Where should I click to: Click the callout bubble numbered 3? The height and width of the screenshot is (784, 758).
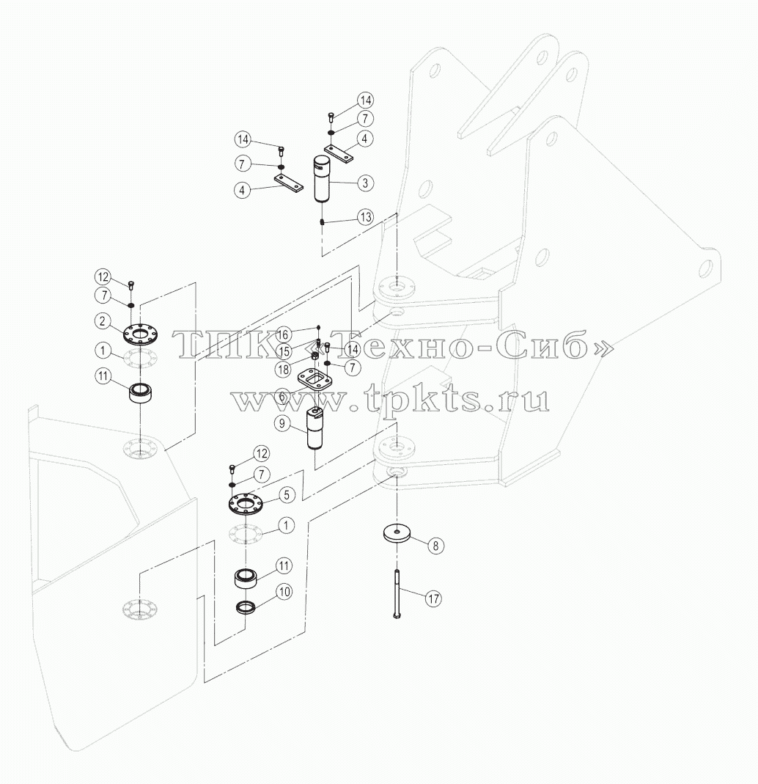pyautogui.click(x=365, y=183)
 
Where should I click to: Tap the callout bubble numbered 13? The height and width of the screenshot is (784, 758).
pyautogui.click(x=366, y=217)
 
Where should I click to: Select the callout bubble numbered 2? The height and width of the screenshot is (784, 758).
pyautogui.click(x=103, y=321)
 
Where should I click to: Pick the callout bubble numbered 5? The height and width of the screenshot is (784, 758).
pyautogui.click(x=287, y=495)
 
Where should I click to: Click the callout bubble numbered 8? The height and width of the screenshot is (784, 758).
pyautogui.click(x=435, y=546)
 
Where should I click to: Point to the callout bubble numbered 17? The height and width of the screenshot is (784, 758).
pyautogui.click(x=433, y=598)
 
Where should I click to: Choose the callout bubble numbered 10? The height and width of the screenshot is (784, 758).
pyautogui.click(x=284, y=592)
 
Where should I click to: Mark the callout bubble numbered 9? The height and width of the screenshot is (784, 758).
pyautogui.click(x=282, y=424)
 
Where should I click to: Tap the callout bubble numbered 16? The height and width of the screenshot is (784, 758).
pyautogui.click(x=283, y=334)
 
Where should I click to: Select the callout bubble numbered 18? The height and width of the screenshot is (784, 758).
pyautogui.click(x=283, y=370)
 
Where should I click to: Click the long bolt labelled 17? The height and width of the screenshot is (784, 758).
pyautogui.click(x=397, y=594)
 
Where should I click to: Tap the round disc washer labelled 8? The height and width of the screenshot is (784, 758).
pyautogui.click(x=397, y=533)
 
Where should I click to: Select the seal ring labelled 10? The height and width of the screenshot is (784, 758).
pyautogui.click(x=246, y=607)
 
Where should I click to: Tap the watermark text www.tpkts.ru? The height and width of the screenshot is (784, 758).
pyautogui.click(x=390, y=400)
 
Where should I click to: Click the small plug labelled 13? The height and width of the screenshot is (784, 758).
pyautogui.click(x=323, y=221)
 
